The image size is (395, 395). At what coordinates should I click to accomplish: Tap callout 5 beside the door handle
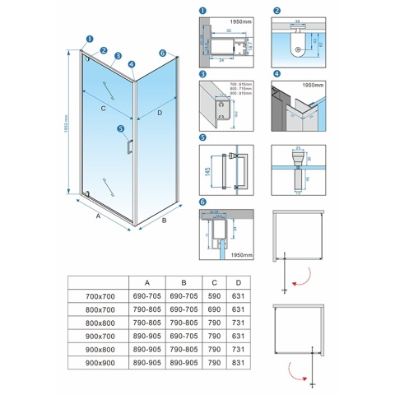pyautogui.click(x=120, y=128)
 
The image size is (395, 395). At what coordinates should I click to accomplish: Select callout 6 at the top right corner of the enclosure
pyautogui.click(x=162, y=53)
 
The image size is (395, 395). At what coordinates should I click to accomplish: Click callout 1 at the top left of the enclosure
pyautogui.click(x=89, y=38)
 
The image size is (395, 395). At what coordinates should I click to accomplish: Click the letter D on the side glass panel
pyautogui.click(x=160, y=112)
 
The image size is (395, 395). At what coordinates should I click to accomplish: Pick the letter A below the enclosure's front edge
pyautogui.click(x=97, y=217)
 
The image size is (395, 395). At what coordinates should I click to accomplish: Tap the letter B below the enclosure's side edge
pyautogui.click(x=165, y=220)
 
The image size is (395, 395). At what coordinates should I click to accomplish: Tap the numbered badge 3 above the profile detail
pyautogui.click(x=202, y=75)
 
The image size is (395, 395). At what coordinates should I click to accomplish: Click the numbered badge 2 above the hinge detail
pyautogui.click(x=277, y=12)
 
